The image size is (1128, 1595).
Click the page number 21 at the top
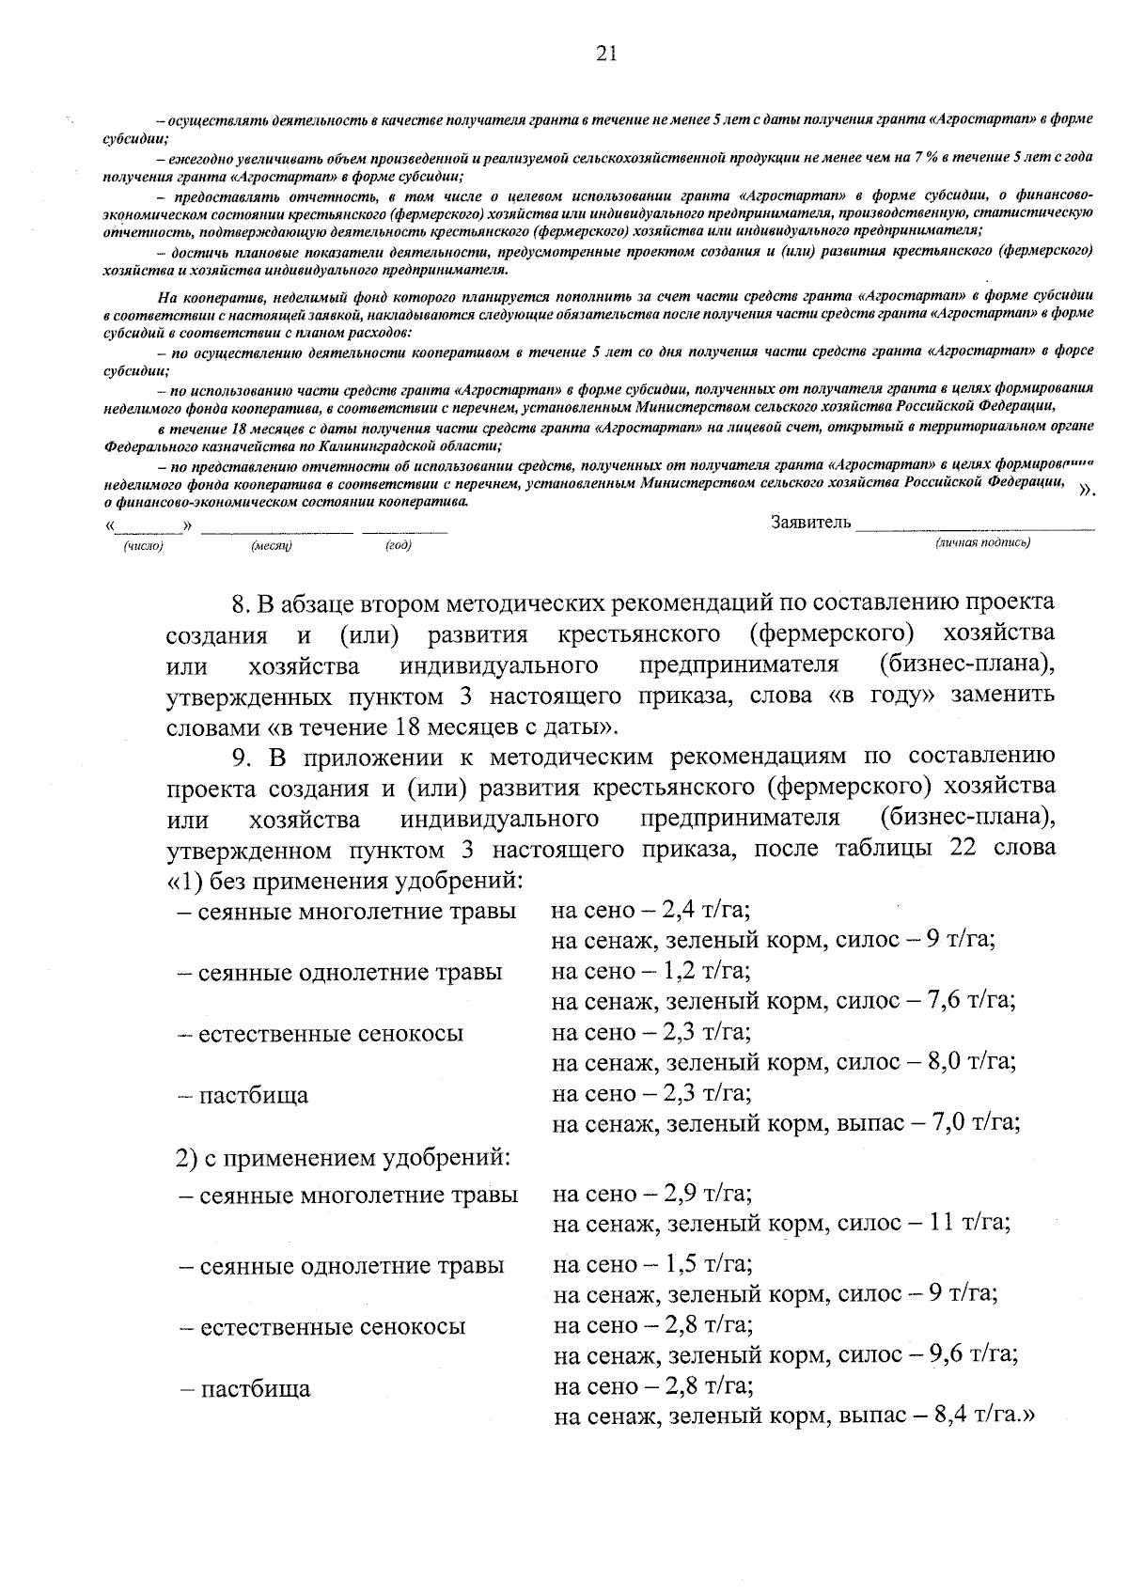[606, 55]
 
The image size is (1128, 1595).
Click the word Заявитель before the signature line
[810, 523]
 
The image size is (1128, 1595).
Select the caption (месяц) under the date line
[272, 546]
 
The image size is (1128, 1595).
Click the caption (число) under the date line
[143, 546]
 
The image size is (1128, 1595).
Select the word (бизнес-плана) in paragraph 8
[966, 665]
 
